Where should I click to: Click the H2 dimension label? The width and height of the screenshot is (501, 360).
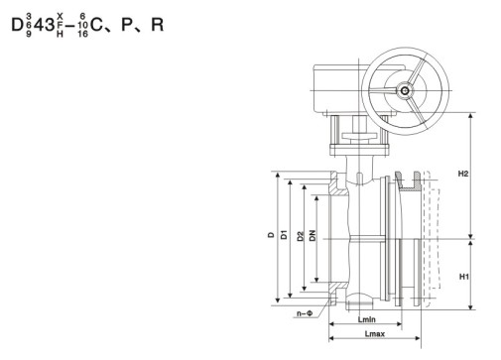[x=463, y=174]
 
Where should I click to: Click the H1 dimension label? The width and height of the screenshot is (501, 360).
[x=464, y=277]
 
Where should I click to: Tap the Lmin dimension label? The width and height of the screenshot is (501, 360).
[x=367, y=319]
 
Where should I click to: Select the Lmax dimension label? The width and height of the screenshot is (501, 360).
[x=375, y=334]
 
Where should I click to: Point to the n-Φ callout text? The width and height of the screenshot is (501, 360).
[x=305, y=313]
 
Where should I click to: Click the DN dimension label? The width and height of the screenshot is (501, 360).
[x=313, y=235]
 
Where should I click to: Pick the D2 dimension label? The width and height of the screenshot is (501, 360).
[x=301, y=236]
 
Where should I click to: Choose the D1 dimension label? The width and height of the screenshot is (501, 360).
[x=284, y=234]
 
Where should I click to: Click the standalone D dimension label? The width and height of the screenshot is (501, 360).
[x=271, y=235]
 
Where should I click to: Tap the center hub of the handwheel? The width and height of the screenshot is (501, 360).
[x=405, y=90]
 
